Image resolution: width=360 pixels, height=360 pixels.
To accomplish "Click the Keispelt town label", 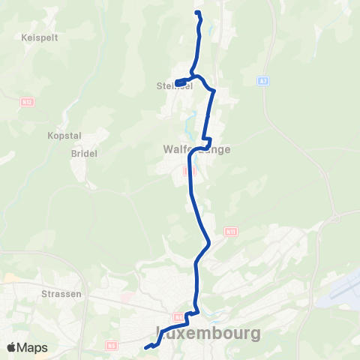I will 19,36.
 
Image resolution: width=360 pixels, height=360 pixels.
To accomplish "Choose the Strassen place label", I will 62,294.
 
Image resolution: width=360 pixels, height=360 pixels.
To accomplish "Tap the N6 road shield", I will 112,345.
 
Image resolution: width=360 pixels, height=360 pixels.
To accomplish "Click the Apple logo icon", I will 10,348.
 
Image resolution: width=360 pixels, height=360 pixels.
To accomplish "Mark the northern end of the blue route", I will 197,13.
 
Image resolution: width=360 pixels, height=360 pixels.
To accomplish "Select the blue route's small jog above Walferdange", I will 208,140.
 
